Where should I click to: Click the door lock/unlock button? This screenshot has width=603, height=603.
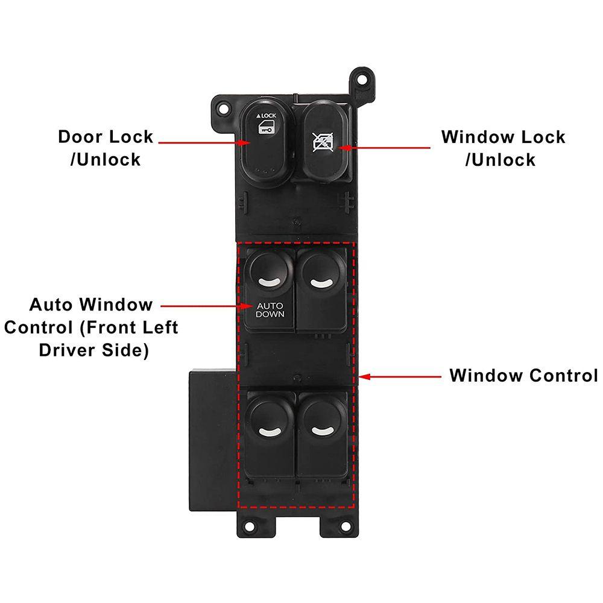[265, 144]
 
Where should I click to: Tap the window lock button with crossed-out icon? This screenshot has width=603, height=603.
[326, 142]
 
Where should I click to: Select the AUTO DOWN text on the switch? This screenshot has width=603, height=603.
[270, 310]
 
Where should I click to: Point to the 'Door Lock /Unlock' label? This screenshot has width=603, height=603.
[106, 148]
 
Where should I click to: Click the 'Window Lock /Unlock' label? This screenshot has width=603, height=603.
[503, 148]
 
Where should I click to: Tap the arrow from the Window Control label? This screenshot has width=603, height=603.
[401, 376]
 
